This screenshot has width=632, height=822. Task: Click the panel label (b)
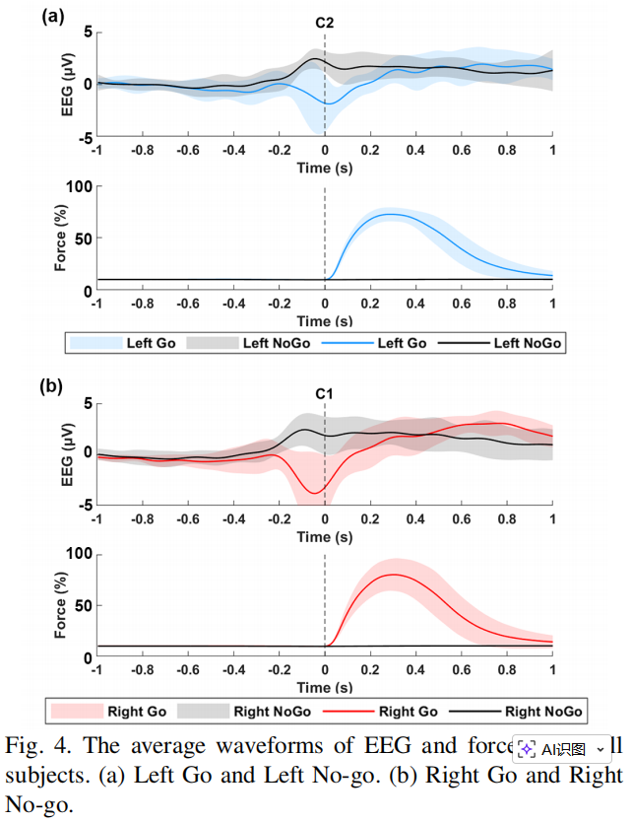pyautogui.click(x=51, y=387)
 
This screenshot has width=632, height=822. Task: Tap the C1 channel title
pyautogui.click(x=325, y=393)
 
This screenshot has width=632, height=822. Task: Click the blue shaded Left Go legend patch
pyautogui.click(x=95, y=343)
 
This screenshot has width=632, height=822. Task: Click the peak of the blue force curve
pyautogui.click(x=392, y=214)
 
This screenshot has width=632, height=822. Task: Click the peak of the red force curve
pyautogui.click(x=396, y=575)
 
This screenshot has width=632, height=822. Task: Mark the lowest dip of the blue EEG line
pyautogui.click(x=328, y=103)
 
